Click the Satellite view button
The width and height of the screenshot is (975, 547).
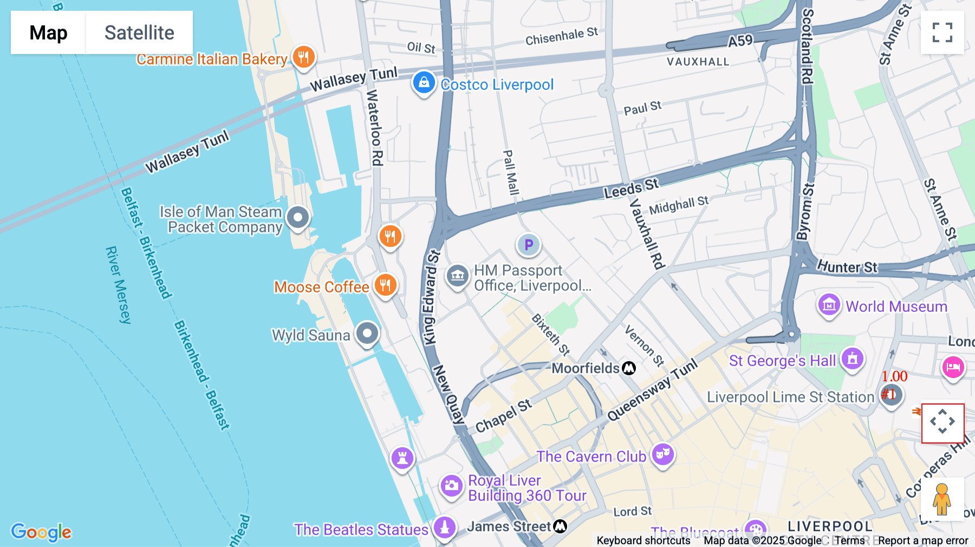(x=139, y=32)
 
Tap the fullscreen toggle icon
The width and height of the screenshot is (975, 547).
(x=942, y=32)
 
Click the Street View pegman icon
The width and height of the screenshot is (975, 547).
(x=942, y=499)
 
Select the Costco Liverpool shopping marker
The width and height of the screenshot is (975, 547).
(x=424, y=83)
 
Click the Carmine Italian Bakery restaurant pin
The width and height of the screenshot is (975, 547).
(x=303, y=56)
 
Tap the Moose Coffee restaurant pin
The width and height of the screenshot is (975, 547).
(x=385, y=284)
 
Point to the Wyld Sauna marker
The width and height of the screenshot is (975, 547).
(x=367, y=333)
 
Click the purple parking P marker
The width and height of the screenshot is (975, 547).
(x=528, y=245)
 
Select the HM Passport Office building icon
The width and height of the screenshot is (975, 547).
(x=457, y=276)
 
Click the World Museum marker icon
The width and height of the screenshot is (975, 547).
(x=829, y=305)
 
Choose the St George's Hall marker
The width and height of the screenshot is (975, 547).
(x=852, y=359)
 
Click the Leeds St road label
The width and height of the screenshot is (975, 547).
(x=631, y=188)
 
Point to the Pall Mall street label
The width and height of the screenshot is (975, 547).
(x=511, y=172)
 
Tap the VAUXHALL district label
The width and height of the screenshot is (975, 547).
(x=698, y=62)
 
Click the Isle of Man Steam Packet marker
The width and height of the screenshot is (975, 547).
(x=297, y=218)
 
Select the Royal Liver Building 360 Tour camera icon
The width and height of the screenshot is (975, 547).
(x=451, y=486)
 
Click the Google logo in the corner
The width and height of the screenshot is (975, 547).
(x=41, y=532)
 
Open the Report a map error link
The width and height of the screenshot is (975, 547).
(x=923, y=541)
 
